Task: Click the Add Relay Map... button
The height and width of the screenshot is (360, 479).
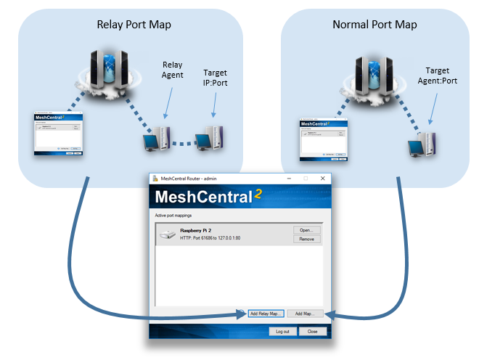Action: pos(265,314)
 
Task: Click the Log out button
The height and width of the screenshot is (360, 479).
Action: pos(282,331)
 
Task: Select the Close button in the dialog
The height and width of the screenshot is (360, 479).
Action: pos(313,331)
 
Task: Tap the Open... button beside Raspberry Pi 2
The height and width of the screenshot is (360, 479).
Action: pos(306,230)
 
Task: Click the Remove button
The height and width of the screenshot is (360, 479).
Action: pos(306,239)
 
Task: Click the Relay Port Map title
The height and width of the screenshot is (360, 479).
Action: pos(134,25)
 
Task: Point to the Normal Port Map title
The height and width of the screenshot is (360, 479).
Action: pos(374,25)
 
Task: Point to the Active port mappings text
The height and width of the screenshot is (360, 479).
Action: pos(176,216)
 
